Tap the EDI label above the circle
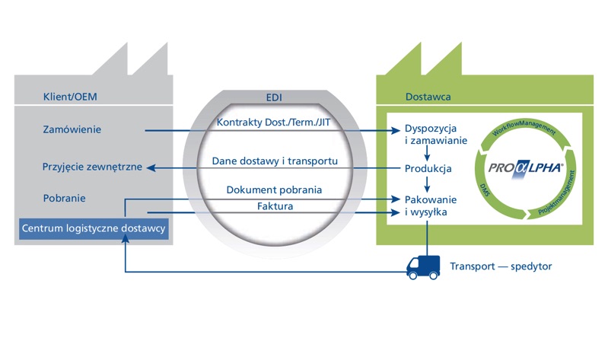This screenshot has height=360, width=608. (x=274, y=97)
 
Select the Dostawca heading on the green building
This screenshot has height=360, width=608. (x=428, y=97)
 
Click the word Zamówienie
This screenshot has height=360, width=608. (x=72, y=129)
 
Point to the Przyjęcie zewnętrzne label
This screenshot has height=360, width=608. (x=92, y=167)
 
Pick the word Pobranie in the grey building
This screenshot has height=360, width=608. (x=64, y=199)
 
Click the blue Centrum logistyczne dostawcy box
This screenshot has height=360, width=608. (x=94, y=228)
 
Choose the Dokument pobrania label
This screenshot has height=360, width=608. (x=274, y=190)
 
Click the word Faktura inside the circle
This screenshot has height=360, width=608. (x=274, y=205)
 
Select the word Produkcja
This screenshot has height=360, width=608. (x=428, y=168)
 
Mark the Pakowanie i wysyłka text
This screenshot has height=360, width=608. (x=425, y=205)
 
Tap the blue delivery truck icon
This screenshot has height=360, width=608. (x=423, y=266)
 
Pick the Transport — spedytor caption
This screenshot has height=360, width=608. (x=501, y=266)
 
